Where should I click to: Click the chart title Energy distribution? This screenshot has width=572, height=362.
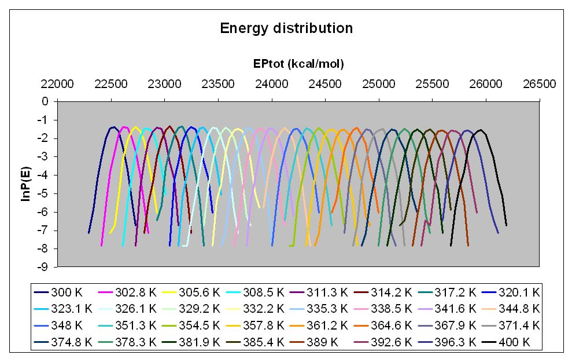point(286,28)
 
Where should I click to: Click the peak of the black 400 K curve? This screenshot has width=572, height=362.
point(480,130)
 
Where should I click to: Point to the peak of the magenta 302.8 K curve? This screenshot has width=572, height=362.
point(124,127)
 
